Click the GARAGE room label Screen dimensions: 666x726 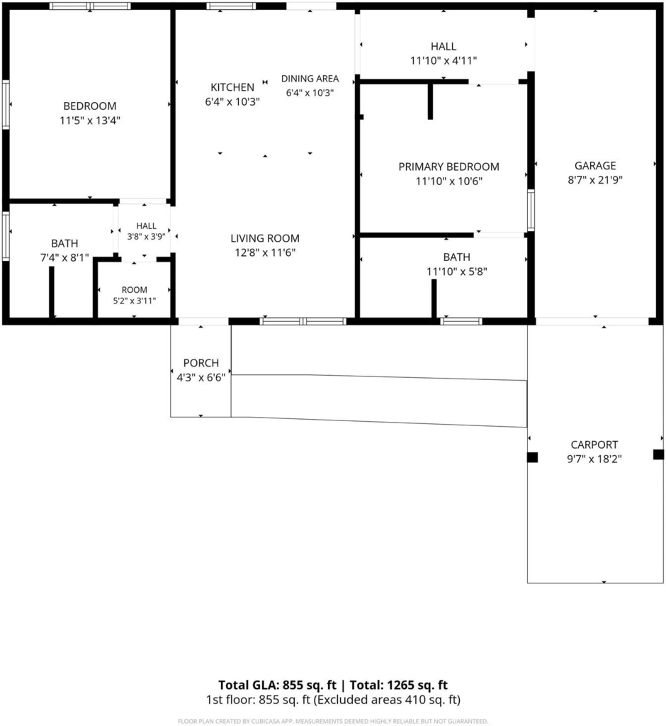594,165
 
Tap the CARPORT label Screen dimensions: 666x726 594,445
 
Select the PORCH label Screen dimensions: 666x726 201,363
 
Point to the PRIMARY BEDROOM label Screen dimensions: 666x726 448,167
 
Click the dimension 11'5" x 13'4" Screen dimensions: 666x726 90,121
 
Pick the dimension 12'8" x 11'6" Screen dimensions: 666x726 265,253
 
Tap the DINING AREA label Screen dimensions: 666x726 310,79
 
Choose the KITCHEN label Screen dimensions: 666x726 232,87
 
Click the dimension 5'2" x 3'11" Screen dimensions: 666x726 134,301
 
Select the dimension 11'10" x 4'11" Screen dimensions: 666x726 444,61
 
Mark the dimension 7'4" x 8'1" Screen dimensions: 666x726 64,258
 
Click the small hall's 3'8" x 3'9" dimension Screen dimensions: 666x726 146,236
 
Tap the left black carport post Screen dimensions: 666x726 532,457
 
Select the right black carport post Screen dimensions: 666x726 658,454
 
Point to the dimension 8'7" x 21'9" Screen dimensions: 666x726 595,180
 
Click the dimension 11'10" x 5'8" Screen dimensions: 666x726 457,272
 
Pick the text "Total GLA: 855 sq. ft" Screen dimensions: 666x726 277,685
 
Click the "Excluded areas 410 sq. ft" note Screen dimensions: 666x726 387,700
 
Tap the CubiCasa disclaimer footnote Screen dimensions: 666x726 333,721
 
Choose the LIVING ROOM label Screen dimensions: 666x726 265,238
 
